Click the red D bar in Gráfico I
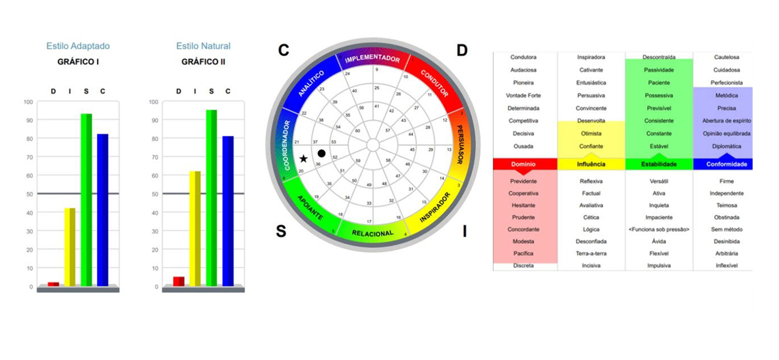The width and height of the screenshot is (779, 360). (53, 284)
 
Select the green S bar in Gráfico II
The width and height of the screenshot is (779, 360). (211, 198)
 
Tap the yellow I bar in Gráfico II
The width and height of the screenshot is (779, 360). (195, 228)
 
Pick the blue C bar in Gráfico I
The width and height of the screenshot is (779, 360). (102, 210)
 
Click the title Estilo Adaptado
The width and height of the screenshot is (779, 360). (78, 46)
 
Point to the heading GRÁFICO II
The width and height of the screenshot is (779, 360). (203, 62)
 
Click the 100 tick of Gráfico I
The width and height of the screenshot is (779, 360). (28, 102)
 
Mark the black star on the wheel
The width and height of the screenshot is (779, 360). (303, 158)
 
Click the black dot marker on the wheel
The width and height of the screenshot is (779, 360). (322, 153)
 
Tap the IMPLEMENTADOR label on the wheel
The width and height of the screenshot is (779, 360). (372, 59)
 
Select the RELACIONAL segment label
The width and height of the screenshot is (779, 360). (372, 233)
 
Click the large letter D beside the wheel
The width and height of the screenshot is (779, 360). (462, 50)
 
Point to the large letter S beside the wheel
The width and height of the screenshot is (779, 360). (281, 231)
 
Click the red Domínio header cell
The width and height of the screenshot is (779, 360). (523, 164)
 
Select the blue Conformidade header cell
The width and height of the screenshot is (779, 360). (726, 164)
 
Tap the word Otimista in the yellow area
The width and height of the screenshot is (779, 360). (591, 134)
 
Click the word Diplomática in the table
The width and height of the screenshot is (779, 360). (726, 146)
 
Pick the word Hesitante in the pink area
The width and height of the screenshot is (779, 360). (523, 205)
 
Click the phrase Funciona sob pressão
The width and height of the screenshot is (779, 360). (659, 230)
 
